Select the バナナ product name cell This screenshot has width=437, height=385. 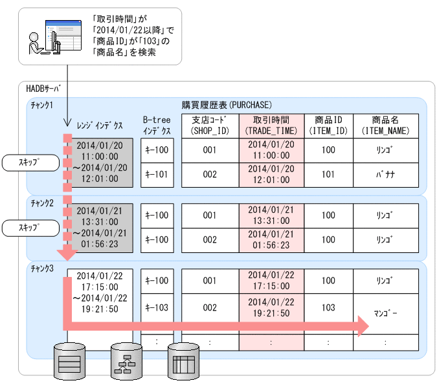click(386, 175)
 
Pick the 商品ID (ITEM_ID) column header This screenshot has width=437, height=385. click(328, 126)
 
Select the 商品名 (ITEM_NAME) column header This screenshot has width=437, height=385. click(386, 126)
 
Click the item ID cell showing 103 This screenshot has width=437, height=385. click(328, 307)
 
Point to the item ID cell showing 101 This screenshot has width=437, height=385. click(328, 175)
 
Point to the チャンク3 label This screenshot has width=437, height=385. click(42, 268)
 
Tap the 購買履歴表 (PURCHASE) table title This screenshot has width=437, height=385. click(226, 104)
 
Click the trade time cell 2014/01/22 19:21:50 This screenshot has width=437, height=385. click(271, 307)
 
